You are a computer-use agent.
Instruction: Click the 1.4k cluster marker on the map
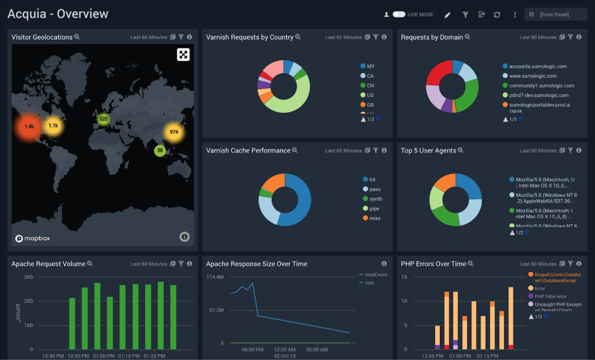click(x=29, y=127)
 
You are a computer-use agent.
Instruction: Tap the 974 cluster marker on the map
click(x=174, y=132)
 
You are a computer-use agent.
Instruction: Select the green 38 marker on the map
click(x=160, y=150)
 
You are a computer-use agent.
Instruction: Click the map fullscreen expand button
click(x=183, y=55)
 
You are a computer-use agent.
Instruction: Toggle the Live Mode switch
click(x=399, y=14)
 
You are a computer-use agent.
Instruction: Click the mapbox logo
click(x=33, y=238)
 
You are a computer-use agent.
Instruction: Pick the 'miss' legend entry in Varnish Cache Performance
click(x=375, y=218)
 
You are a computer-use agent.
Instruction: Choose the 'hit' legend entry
click(x=372, y=180)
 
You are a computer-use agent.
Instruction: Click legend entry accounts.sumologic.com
click(x=536, y=66)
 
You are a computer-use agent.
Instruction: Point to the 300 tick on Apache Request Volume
click(x=28, y=277)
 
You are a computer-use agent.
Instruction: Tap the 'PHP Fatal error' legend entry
click(x=551, y=296)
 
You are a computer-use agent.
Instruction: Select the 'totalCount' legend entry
click(x=376, y=275)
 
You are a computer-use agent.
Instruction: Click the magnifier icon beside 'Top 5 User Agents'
click(x=460, y=151)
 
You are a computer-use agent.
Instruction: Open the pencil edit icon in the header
click(x=447, y=14)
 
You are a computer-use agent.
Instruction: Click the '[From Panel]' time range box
click(x=555, y=14)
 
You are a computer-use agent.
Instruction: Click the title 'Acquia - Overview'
click(x=58, y=14)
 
